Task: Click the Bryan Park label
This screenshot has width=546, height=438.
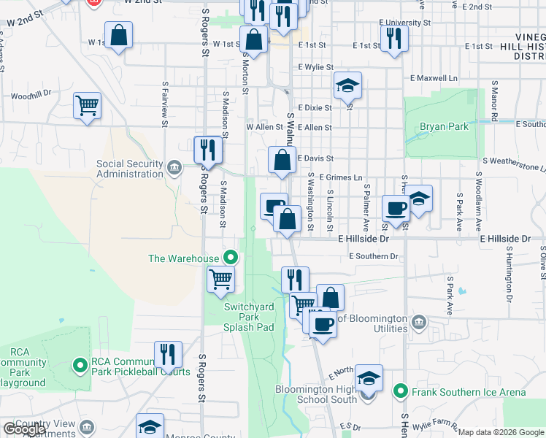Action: coord(444,126)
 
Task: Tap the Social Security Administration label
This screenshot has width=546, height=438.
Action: coord(130,169)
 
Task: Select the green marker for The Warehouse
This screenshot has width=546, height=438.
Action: coord(231,258)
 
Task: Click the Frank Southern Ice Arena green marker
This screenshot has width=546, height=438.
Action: coord(400,392)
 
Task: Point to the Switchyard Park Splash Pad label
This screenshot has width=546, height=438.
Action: coord(249,318)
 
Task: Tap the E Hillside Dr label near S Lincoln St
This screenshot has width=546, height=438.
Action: coord(361,239)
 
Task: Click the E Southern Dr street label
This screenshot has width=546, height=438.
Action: coord(374,256)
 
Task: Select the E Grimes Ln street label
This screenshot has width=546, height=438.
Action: coord(340,177)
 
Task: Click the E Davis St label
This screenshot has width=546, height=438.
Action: coord(315,158)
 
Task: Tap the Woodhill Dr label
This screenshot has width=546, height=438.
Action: coord(31,94)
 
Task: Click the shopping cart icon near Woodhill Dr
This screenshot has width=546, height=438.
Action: coord(87,105)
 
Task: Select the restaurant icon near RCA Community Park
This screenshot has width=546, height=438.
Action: coord(168,355)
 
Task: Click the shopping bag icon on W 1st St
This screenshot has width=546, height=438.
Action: coord(118,34)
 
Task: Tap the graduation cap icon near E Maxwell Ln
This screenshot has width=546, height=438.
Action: coord(348,85)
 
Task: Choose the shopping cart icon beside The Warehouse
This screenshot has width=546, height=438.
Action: coord(220,278)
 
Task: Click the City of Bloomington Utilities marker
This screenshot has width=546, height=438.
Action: coord(419,322)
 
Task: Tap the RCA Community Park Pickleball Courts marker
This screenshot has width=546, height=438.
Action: coord(80,364)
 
